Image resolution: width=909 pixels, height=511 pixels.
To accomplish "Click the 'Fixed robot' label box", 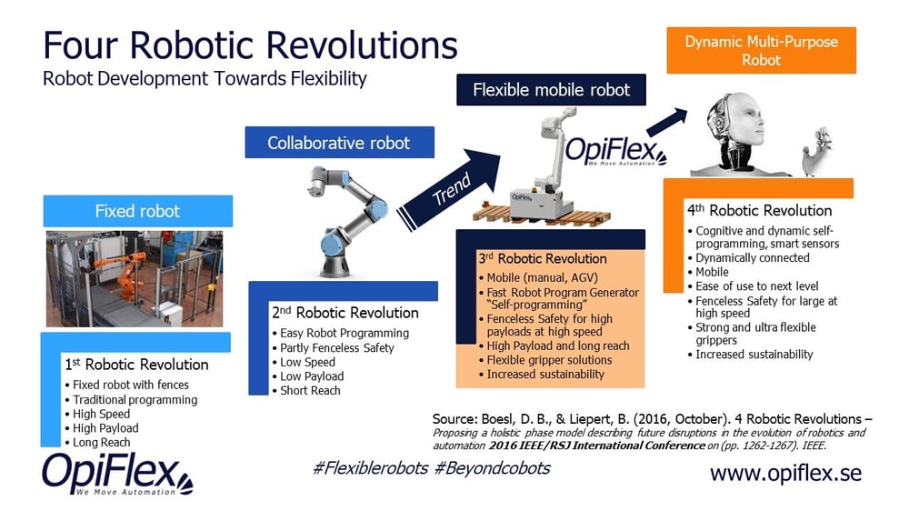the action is [138, 211].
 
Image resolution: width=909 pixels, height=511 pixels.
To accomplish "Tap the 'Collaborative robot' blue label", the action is [339, 143].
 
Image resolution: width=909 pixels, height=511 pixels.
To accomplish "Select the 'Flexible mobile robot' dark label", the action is [551, 90].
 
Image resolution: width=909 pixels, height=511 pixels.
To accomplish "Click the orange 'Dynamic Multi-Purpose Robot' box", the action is [761, 50].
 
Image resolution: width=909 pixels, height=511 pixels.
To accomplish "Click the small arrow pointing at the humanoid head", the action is [666, 123].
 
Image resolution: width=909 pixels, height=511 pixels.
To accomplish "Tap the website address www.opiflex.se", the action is [785, 474].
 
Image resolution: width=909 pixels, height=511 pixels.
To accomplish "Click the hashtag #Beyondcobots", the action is [492, 468].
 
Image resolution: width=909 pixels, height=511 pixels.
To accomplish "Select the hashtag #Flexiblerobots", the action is [371, 468].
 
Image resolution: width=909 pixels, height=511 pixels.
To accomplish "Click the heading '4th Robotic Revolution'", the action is [759, 211].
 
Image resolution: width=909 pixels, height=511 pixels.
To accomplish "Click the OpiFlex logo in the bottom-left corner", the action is [117, 475].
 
